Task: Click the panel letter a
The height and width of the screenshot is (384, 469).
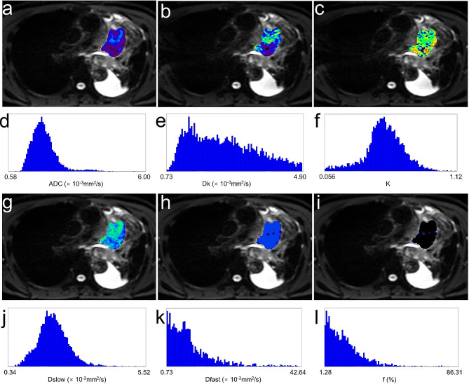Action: [x=8, y=9]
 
